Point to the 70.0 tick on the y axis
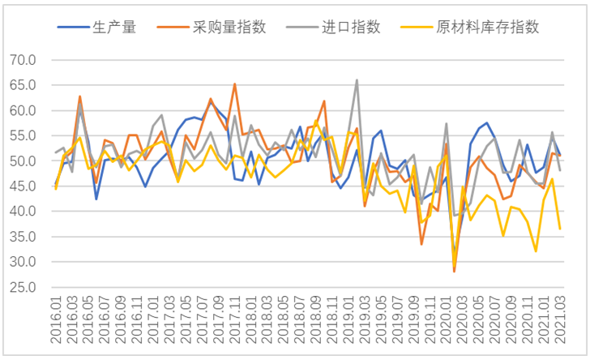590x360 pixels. point(22,60)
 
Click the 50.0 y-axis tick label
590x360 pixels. point(22,161)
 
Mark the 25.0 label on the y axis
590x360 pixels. point(22,288)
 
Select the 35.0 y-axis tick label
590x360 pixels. point(22,237)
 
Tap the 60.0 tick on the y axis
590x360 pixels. point(22,110)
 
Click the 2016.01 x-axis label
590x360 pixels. point(56,319)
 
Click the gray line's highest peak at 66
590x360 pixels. point(357,79)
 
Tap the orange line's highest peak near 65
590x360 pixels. point(235,84)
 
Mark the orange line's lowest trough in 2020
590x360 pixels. point(454,271)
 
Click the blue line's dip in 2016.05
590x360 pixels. point(96,199)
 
